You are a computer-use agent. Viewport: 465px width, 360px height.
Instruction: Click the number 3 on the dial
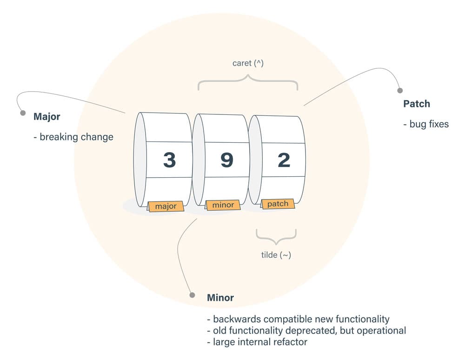[x=169, y=160]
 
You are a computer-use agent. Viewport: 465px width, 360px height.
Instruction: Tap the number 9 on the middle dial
[x=226, y=160]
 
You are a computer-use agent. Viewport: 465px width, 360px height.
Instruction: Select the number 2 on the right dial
[x=284, y=160]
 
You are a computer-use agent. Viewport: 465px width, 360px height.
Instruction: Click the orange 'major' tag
[x=166, y=206]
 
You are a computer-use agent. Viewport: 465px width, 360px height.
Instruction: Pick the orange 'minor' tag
[x=223, y=205]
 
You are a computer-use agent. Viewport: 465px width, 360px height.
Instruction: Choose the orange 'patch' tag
[x=278, y=204]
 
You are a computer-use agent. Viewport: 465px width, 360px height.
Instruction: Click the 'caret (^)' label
[x=248, y=63]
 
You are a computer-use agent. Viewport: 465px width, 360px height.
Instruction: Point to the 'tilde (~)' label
[x=276, y=254]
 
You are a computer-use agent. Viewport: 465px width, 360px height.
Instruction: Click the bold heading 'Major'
[x=46, y=117]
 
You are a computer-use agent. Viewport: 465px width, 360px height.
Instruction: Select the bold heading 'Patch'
[x=417, y=104]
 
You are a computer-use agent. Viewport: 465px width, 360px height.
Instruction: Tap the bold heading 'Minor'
[x=220, y=298]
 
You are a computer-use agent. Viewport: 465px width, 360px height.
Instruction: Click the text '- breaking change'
[x=73, y=137]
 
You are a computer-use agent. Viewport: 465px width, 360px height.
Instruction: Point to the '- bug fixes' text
[x=426, y=124]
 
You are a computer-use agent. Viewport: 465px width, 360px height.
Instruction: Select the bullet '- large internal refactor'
[x=257, y=342]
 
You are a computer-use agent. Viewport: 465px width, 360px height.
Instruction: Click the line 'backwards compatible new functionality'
[x=301, y=320]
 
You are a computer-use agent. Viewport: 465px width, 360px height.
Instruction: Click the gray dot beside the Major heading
[x=22, y=113]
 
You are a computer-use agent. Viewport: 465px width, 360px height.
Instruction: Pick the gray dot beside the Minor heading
[x=192, y=295]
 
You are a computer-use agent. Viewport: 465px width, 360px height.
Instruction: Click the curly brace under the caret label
[x=248, y=82]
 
